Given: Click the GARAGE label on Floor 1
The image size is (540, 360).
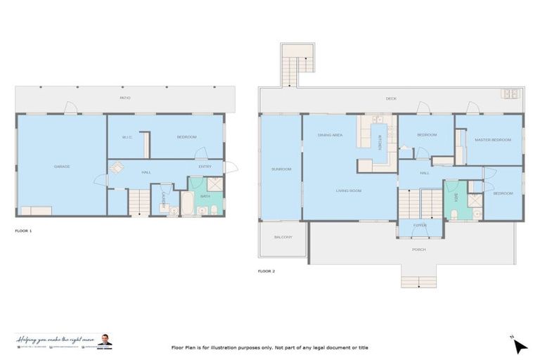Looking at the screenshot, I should [x=62, y=167].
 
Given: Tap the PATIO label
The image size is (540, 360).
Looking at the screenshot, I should [x=124, y=98].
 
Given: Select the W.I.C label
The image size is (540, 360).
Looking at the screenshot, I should [x=127, y=137].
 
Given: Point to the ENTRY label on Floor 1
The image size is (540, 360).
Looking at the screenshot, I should [x=205, y=167].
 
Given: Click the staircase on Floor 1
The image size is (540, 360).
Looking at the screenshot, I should [x=139, y=202].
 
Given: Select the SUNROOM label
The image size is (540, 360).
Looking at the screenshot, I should [x=281, y=169].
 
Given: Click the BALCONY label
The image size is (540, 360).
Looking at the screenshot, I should [x=283, y=237].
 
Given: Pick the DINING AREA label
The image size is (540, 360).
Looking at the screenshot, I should [x=330, y=135].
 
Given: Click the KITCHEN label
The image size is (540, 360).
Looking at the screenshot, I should [x=380, y=143].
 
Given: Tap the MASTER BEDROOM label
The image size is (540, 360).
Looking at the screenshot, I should [x=492, y=140].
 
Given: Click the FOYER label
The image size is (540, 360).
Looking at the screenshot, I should [x=420, y=226].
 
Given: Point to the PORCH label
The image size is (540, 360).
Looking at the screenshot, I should [x=419, y=249].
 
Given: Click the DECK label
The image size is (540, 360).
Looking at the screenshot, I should [x=391, y=99].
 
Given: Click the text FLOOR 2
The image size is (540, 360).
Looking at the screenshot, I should [x=266, y=271].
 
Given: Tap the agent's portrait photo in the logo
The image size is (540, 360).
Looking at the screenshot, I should [x=104, y=341].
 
